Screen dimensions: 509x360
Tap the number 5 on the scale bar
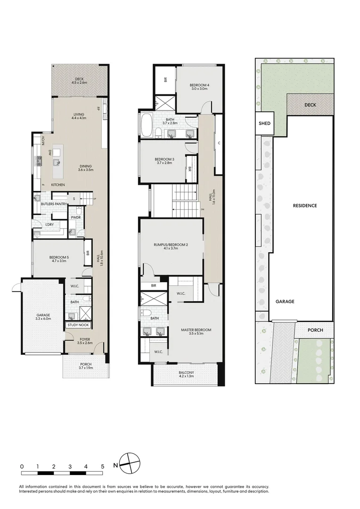pyautogui.click(x=102, y=466)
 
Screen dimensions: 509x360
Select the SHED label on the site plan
pyautogui.click(x=264, y=123)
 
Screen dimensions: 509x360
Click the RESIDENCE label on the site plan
pyautogui.click(x=304, y=205)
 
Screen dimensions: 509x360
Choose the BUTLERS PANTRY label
pyautogui.click(x=50, y=204)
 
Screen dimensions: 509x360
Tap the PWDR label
pyautogui.click(x=75, y=218)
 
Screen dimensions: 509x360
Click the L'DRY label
pyautogui.click(x=49, y=225)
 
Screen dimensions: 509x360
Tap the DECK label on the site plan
pyautogui.click(x=310, y=105)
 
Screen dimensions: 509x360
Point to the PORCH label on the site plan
pyautogui.click(x=315, y=330)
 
